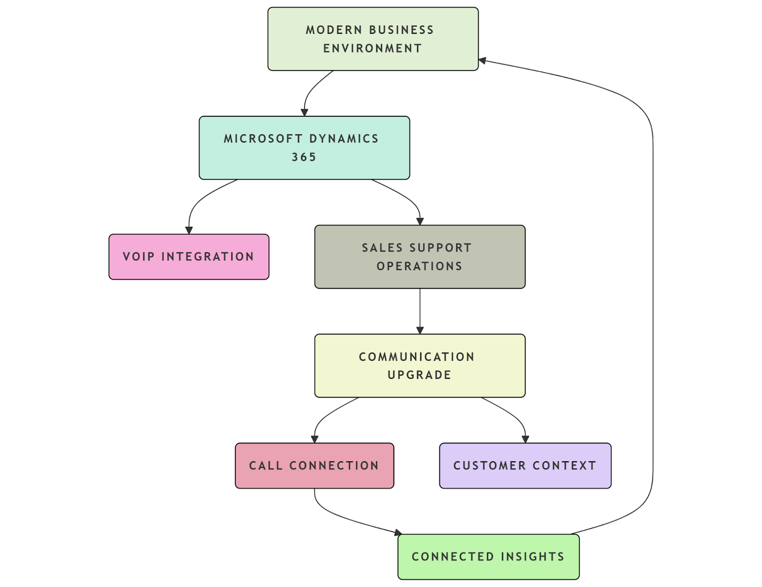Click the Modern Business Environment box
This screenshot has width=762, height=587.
pyautogui.click(x=372, y=39)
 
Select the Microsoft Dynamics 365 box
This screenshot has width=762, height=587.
pyautogui.click(x=304, y=148)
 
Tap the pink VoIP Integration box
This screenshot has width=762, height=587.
pyautogui.click(x=189, y=256)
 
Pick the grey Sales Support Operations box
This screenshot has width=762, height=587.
pyautogui.click(x=420, y=256)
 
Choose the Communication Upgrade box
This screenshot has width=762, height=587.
pyautogui.click(x=420, y=365)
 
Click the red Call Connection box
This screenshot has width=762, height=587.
pyautogui.click(x=314, y=466)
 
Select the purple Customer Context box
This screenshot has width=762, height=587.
pyautogui.click(x=525, y=466)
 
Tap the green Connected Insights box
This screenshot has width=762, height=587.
pyautogui.click(x=488, y=557)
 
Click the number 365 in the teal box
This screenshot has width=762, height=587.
pyautogui.click(x=304, y=157)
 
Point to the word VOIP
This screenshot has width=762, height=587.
pyautogui.click(x=139, y=256)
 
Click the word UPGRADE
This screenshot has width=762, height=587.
pyautogui.click(x=419, y=375)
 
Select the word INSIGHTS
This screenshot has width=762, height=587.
pyautogui.click(x=532, y=557)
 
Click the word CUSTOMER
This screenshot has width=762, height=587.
pyautogui.click(x=490, y=466)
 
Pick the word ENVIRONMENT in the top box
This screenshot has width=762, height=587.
pyautogui.click(x=372, y=49)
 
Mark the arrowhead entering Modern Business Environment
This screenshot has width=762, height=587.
pyautogui.click(x=482, y=61)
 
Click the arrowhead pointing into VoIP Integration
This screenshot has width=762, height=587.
pyautogui.click(x=189, y=230)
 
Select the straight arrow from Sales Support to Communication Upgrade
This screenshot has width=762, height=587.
pyautogui.click(x=420, y=310)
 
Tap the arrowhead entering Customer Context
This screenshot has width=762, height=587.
pyautogui.click(x=525, y=439)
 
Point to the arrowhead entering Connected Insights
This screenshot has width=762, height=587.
pyautogui.click(x=398, y=532)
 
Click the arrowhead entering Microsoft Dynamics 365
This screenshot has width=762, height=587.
pyautogui.click(x=304, y=112)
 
